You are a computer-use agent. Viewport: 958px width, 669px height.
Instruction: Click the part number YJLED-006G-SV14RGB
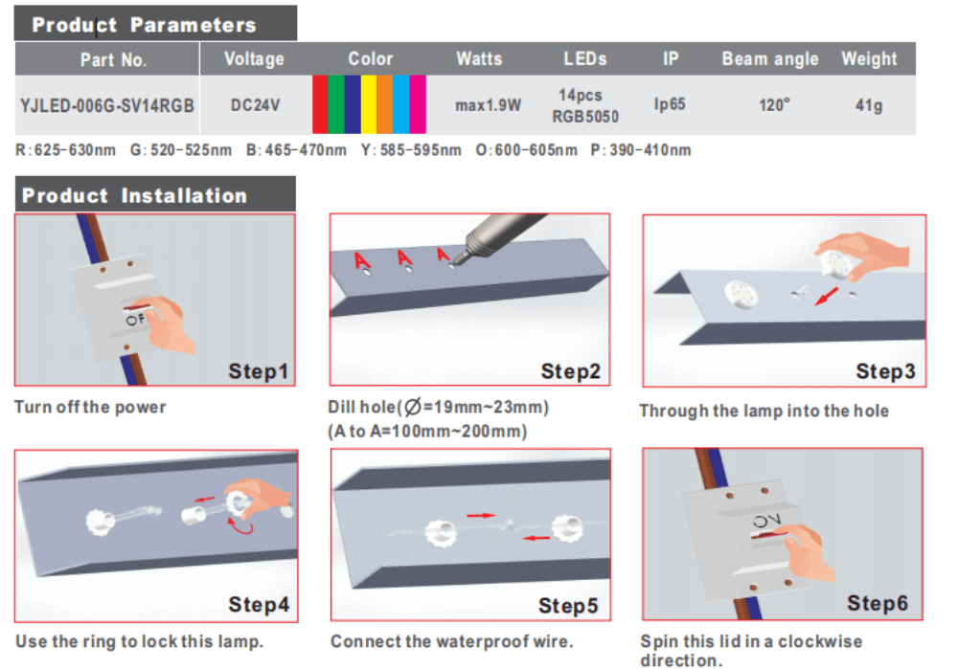pos(107,105)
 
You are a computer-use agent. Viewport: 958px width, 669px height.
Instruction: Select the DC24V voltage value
pos(256,105)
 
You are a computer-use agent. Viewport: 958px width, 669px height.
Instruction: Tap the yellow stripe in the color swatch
pos(369,104)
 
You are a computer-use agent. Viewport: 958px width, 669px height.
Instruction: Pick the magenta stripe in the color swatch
pos(418,104)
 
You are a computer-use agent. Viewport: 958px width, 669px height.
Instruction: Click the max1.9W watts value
pos(489,105)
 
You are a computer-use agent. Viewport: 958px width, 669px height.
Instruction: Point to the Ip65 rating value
pos(670,104)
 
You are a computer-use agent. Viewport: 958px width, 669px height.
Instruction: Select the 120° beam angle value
pos(774,105)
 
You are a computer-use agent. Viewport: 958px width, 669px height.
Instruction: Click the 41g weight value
pos(869,105)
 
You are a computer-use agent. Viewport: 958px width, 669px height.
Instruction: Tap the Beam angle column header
pos(770,58)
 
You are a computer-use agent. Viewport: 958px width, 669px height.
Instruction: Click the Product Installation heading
pos(134,195)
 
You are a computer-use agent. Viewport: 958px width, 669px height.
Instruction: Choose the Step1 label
pos(258,371)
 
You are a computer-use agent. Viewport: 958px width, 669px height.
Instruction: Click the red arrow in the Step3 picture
pos(827,297)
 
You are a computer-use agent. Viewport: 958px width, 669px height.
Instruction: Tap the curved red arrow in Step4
pos(240,527)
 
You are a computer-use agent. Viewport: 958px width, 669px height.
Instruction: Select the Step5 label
pos(567,606)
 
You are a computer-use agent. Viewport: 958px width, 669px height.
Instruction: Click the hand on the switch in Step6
pos(807,552)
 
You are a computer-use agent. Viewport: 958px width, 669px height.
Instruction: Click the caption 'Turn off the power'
pos(90,407)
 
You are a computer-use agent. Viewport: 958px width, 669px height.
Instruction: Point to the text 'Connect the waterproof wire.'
pos(451,641)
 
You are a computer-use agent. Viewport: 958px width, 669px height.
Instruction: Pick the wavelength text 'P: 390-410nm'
pos(641,150)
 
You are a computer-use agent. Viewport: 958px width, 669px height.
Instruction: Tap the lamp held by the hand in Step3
pos(834,264)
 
